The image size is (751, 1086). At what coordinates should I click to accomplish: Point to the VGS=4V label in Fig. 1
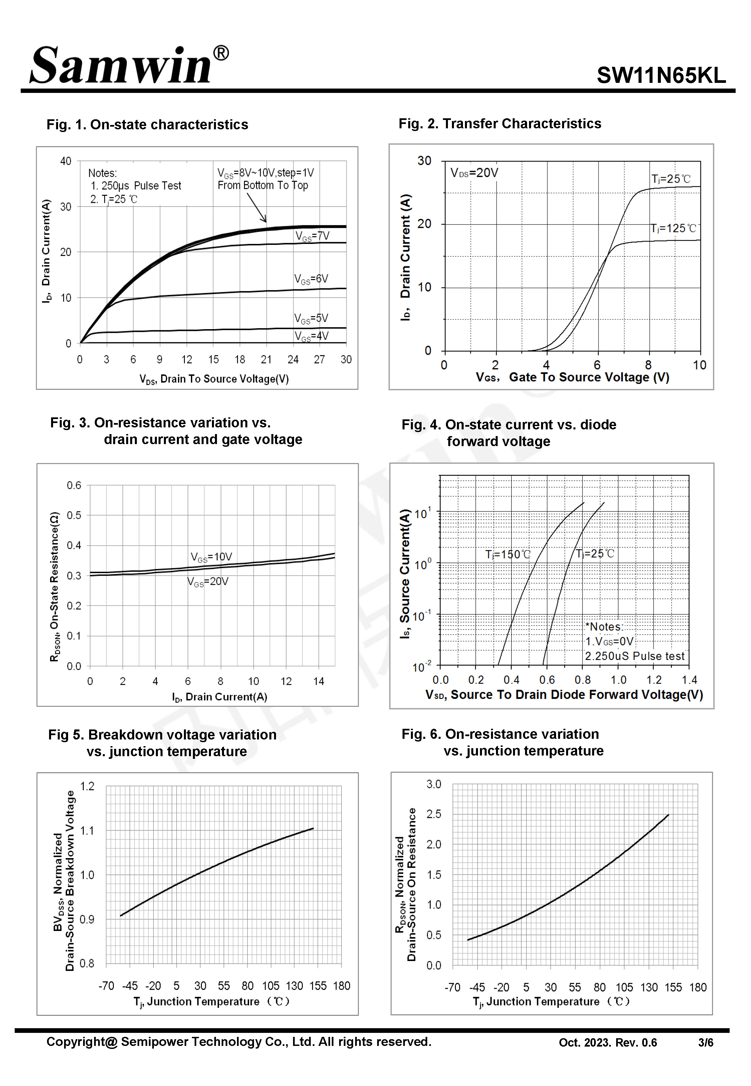pyautogui.click(x=311, y=336)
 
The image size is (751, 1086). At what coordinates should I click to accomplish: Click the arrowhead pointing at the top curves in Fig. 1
pyautogui.click(x=264, y=219)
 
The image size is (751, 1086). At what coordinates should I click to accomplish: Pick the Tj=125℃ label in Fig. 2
pyautogui.click(x=673, y=229)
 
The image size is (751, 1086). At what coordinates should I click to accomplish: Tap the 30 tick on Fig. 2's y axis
pyautogui.click(x=424, y=161)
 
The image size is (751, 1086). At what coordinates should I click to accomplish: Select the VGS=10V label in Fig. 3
pyautogui.click(x=211, y=557)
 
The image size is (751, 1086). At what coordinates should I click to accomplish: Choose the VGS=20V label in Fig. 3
pyautogui.click(x=208, y=582)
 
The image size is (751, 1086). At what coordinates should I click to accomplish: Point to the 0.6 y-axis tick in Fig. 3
pyautogui.click(x=74, y=485)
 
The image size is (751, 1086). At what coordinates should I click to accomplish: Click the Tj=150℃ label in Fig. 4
pyautogui.click(x=508, y=554)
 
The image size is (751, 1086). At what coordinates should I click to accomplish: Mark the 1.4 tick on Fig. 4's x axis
pyautogui.click(x=689, y=680)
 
